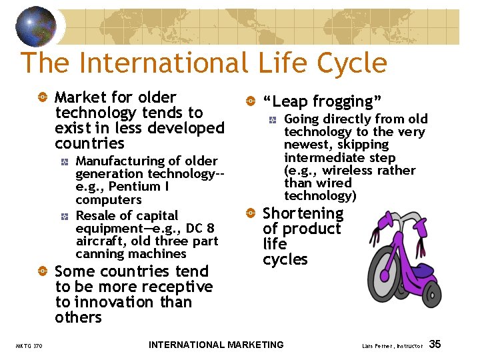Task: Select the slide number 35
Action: click(435, 344)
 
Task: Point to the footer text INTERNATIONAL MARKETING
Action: click(216, 345)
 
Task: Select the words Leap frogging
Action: click(322, 101)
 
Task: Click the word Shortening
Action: click(303, 213)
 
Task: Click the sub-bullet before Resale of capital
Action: click(64, 216)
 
